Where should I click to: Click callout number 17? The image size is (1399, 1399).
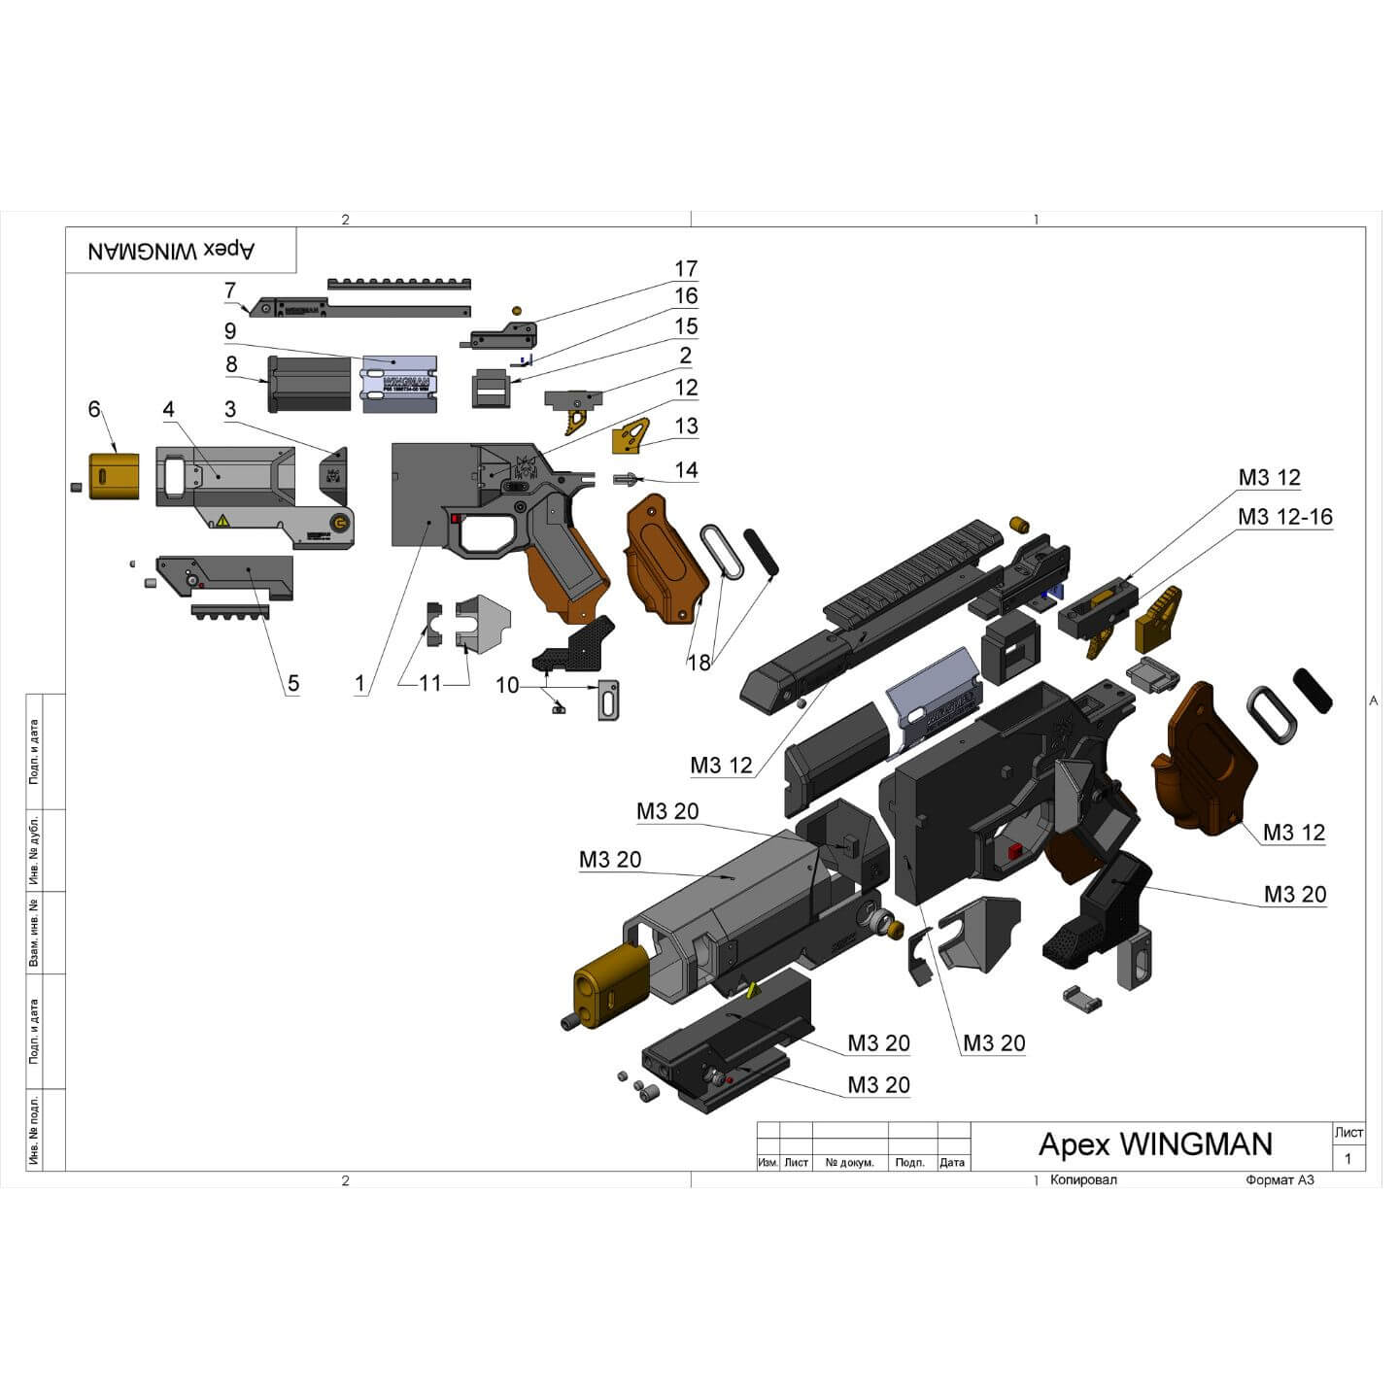[686, 269]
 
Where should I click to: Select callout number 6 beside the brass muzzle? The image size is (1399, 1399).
[94, 409]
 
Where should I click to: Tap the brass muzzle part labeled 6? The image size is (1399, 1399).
[114, 476]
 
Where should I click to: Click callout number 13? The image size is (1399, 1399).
[686, 427]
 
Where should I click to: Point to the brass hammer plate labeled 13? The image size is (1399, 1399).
[631, 436]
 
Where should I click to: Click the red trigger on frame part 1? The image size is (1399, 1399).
[456, 519]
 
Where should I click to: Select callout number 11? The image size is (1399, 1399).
[429, 684]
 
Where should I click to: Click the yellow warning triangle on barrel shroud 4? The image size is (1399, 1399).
[222, 521]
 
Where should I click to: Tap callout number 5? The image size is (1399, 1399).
[292, 684]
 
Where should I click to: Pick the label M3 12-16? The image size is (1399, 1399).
[1284, 517]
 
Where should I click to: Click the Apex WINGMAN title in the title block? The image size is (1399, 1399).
[1155, 1143]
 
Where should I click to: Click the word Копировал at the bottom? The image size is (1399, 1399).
[1083, 1179]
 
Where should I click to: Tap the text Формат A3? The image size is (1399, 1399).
[1279, 1179]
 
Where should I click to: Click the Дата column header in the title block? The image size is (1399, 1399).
[952, 1162]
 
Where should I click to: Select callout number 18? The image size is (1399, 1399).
[699, 663]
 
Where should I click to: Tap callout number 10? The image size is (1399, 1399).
[507, 686]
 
